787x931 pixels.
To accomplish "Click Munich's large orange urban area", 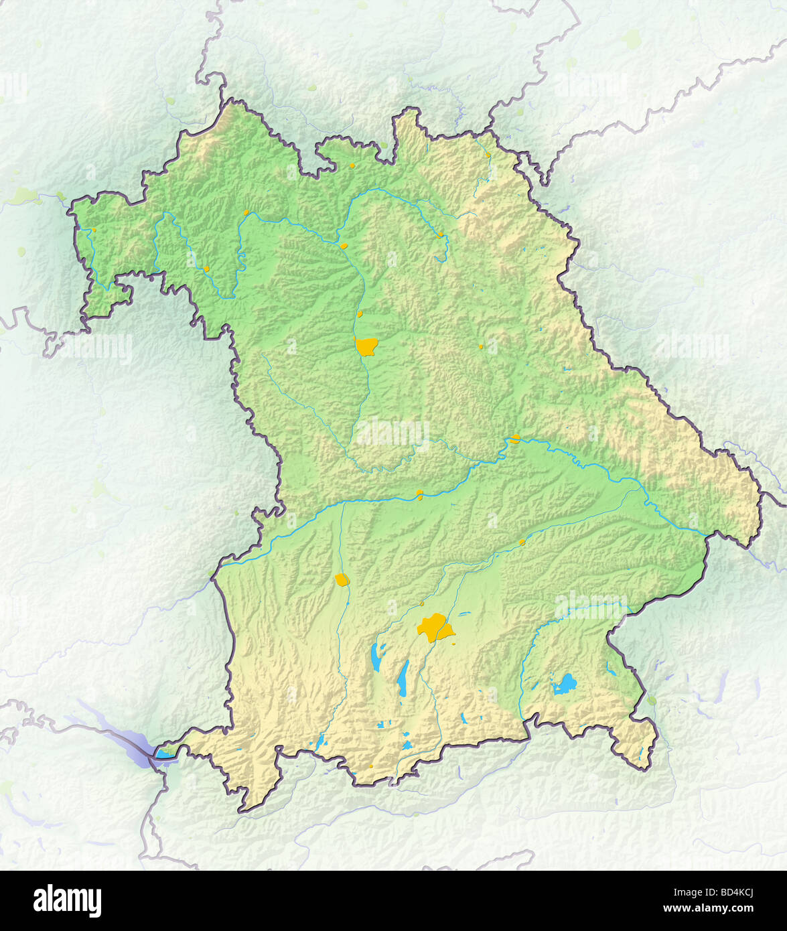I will [434, 628].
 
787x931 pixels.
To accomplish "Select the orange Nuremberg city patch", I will [366, 346].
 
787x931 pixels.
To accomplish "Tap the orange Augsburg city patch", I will [342, 579].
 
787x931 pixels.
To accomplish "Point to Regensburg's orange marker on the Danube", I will [514, 439].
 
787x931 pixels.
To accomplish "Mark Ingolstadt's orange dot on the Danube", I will [419, 494].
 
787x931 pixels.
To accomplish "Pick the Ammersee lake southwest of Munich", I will [378, 657].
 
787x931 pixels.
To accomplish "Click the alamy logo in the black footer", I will [67, 900].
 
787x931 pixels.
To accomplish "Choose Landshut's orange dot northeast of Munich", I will [522, 542].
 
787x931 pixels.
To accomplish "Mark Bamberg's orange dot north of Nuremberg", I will [344, 246].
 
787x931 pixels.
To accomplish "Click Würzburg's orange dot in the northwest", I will [206, 269].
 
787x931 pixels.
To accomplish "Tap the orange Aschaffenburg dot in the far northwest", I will [94, 230].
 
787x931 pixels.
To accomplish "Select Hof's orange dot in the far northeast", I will [488, 155].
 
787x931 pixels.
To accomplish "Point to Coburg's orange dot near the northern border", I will [352, 165].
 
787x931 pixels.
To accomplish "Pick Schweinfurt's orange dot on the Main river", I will [246, 212].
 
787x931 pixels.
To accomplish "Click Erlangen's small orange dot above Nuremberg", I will [360, 313].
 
